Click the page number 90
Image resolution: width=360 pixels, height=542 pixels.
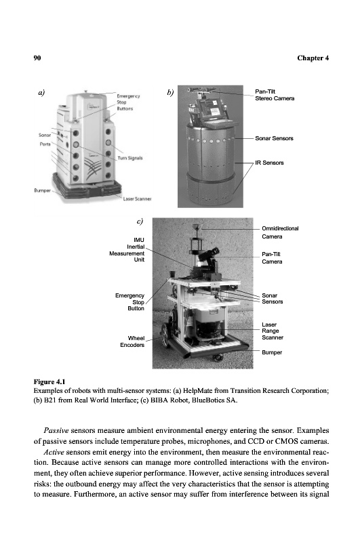[37, 58]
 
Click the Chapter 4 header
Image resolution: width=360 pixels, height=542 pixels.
[313, 58]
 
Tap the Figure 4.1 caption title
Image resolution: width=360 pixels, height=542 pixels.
[49, 381]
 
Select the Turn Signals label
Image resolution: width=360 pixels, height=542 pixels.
[130, 158]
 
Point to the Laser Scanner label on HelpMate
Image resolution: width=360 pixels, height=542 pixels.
[138, 199]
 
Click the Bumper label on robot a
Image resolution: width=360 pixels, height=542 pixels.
[42, 190]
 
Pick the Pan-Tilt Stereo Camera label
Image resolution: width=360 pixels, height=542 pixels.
[275, 95]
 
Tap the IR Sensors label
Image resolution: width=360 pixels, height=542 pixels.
[269, 163]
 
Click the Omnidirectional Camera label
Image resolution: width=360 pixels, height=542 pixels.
[280, 232]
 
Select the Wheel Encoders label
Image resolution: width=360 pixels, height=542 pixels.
[132, 341]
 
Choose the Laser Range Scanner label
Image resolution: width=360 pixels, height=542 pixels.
[272, 331]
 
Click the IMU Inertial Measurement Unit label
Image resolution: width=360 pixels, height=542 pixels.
[127, 249]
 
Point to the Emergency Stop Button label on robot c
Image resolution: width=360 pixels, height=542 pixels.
[129, 301]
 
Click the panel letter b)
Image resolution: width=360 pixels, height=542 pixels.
[170, 93]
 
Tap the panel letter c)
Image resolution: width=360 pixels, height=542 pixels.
[140, 222]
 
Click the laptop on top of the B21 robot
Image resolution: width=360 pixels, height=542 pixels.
[209, 111]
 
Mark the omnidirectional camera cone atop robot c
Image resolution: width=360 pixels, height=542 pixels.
[197, 228]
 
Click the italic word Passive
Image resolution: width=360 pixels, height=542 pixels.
[56, 431]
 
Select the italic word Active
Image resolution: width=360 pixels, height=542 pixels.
[54, 452]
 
